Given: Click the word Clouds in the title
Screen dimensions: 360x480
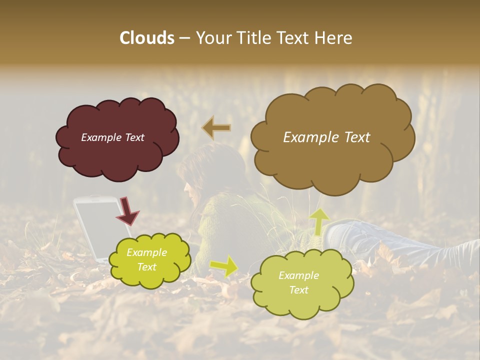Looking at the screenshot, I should (147, 38).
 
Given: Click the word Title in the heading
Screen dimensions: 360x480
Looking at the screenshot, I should (251, 38).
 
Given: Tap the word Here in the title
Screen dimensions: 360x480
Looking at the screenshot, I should (334, 38).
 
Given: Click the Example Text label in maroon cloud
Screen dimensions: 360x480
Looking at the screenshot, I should (112, 137).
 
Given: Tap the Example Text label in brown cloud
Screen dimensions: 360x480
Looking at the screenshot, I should (326, 137).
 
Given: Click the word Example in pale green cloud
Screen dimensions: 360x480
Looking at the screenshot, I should (298, 275).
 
